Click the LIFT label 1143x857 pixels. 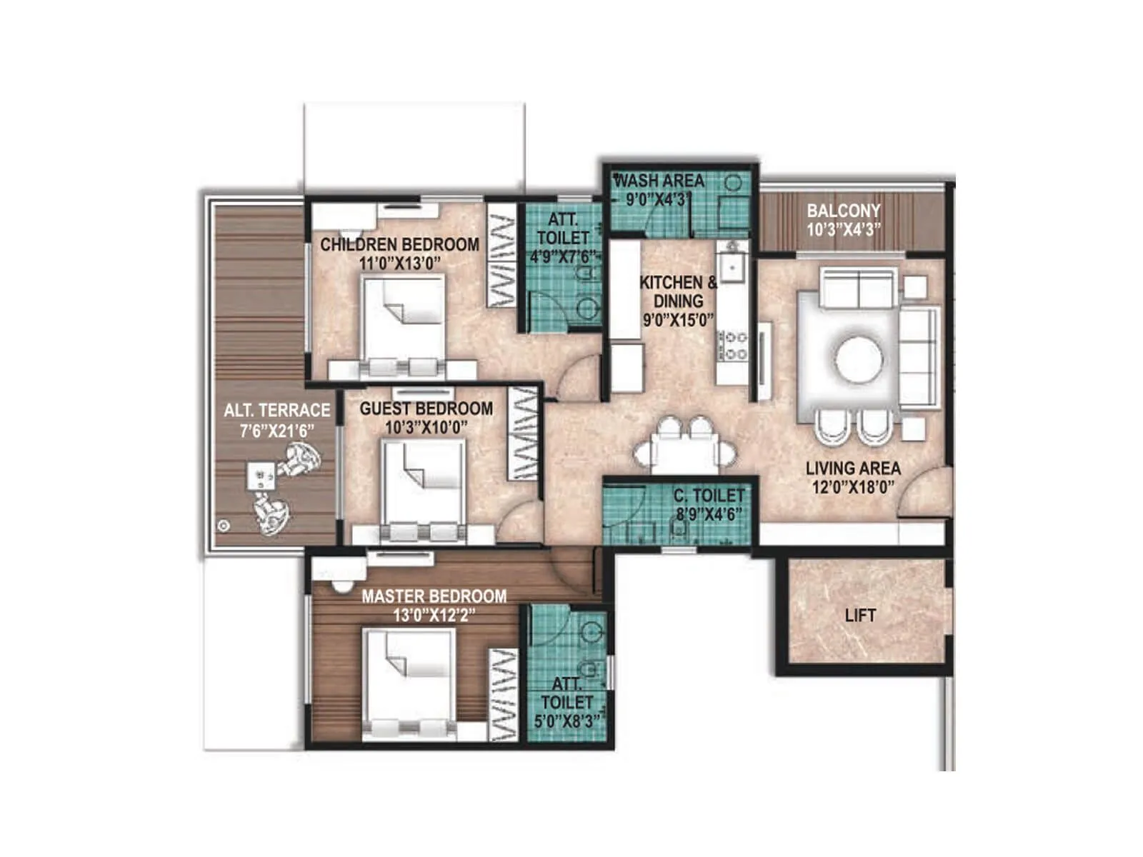[x=859, y=615]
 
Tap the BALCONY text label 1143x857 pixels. [x=843, y=211]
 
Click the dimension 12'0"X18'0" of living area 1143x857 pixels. [x=853, y=488]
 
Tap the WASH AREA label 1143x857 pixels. [x=659, y=181]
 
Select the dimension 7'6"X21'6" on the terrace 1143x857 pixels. [x=276, y=430]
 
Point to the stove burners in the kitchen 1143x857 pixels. [x=732, y=345]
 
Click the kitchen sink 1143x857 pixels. [x=732, y=268]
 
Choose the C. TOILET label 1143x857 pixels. [x=709, y=495]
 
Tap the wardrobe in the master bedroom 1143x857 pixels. [x=504, y=694]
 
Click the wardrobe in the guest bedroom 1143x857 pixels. [x=524, y=434]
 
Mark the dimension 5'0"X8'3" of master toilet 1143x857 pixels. [x=566, y=721]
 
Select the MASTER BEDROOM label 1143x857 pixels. [x=434, y=596]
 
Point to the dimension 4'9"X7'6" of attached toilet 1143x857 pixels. [x=562, y=256]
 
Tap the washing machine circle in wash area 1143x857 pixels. [x=733, y=183]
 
